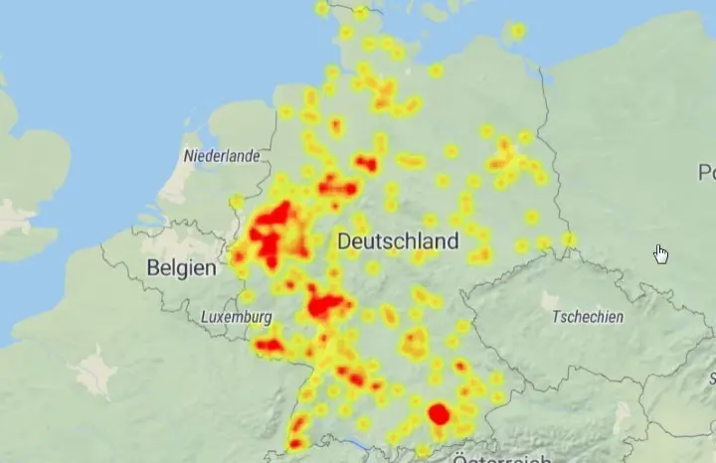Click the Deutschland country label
pos(398,241)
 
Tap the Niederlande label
pos(222,156)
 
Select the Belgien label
pos(181,268)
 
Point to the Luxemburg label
pos(237,316)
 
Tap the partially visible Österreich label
pos(502,458)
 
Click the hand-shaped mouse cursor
pos(660,253)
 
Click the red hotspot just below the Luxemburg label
pos(268,346)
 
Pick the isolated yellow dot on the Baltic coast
pos(517,31)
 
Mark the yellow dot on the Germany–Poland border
pos(569,238)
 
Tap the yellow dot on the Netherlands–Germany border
pos(237,203)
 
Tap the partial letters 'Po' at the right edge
pos(706,173)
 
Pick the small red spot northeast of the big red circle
pos(460,367)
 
